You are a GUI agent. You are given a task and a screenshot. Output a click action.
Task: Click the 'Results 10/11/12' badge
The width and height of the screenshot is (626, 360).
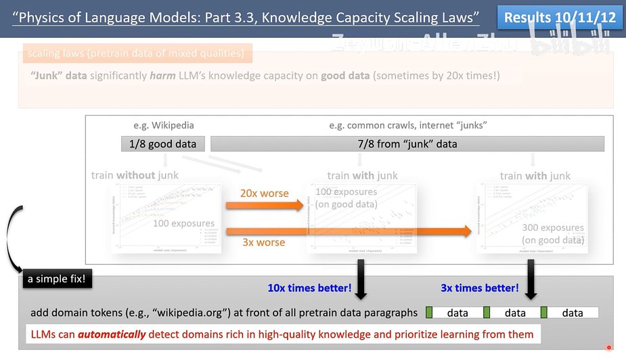pyautogui.click(x=560, y=18)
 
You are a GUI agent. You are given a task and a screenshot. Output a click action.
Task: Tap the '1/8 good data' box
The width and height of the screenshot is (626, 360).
pyautogui.click(x=162, y=143)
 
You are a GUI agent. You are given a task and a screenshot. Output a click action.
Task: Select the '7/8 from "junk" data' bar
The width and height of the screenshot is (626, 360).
pyautogui.click(x=407, y=143)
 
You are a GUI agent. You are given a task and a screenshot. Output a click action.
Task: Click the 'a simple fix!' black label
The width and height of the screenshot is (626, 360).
pyautogui.click(x=57, y=278)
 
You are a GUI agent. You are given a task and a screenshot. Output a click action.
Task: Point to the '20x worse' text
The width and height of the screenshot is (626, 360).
pyautogui.click(x=264, y=193)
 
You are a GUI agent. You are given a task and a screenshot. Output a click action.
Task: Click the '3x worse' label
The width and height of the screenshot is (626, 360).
pyautogui.click(x=263, y=242)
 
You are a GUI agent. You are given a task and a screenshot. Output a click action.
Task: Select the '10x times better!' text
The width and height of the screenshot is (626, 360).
pyautogui.click(x=309, y=288)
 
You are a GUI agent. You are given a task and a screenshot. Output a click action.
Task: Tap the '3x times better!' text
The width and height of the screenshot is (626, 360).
pyautogui.click(x=479, y=288)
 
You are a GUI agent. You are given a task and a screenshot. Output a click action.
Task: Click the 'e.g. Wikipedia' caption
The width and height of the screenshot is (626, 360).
pyautogui.click(x=162, y=125)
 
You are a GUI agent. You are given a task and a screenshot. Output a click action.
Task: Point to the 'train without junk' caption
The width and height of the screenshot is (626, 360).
pyautogui.click(x=135, y=175)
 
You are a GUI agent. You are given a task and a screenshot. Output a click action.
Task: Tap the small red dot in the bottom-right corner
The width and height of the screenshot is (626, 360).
pyautogui.click(x=608, y=347)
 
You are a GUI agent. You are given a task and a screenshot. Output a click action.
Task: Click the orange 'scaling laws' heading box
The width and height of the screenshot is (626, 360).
pyautogui.click(x=136, y=52)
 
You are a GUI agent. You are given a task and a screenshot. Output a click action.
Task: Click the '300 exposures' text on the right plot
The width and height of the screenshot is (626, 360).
pyautogui.click(x=552, y=228)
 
